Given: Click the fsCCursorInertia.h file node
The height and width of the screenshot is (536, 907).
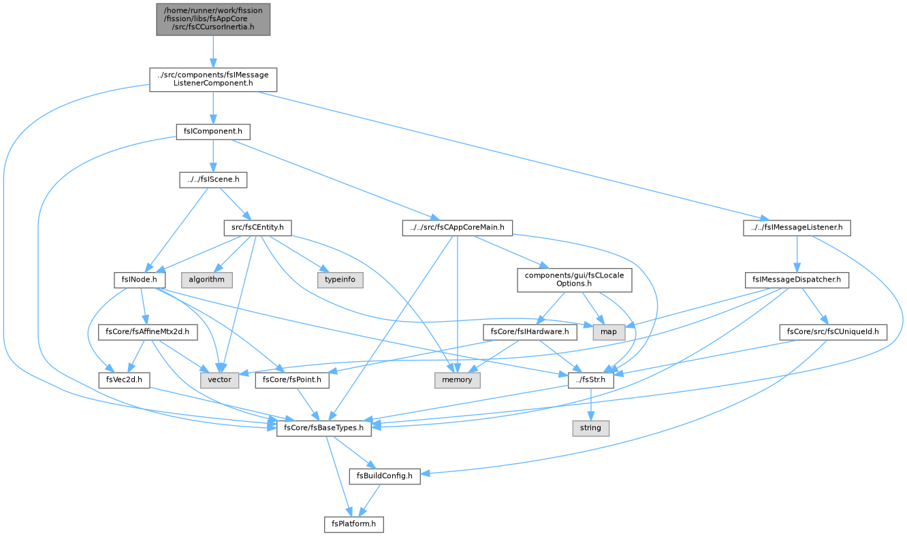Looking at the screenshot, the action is [x=213, y=20].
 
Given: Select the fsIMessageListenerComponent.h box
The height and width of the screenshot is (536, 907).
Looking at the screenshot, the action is [x=213, y=80].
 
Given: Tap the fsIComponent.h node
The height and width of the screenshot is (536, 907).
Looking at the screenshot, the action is [x=213, y=132].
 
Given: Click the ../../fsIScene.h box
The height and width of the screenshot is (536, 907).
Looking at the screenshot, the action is [x=213, y=180].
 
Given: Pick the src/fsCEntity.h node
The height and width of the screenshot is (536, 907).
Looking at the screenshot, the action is [x=257, y=228].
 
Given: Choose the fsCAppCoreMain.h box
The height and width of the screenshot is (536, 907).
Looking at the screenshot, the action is [x=457, y=228].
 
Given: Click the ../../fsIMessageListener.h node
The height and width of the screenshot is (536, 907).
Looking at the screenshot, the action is [x=797, y=228].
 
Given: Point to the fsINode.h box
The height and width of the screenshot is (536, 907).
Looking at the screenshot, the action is [x=140, y=280].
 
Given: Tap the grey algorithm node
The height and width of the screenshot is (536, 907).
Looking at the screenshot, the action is [x=206, y=280].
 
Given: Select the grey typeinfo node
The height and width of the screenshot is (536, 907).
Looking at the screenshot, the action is [x=340, y=280].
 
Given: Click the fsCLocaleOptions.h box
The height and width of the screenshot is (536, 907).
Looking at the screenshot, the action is [x=574, y=280].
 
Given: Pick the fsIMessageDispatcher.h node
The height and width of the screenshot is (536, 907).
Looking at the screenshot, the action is [x=797, y=280].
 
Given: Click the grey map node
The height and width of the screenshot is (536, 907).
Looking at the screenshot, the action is [x=609, y=332].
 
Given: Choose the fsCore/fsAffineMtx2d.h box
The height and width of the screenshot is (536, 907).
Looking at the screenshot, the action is [x=147, y=332].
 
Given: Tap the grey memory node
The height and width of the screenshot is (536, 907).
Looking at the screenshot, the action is [x=457, y=380].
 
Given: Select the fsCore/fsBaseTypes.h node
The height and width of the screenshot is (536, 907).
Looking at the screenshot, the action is [x=323, y=429].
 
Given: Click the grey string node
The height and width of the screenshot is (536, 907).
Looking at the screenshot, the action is [x=590, y=429].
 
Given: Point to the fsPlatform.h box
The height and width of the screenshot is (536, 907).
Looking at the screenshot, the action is [x=353, y=524].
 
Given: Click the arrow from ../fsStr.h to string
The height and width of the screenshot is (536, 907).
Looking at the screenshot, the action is [x=591, y=405].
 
